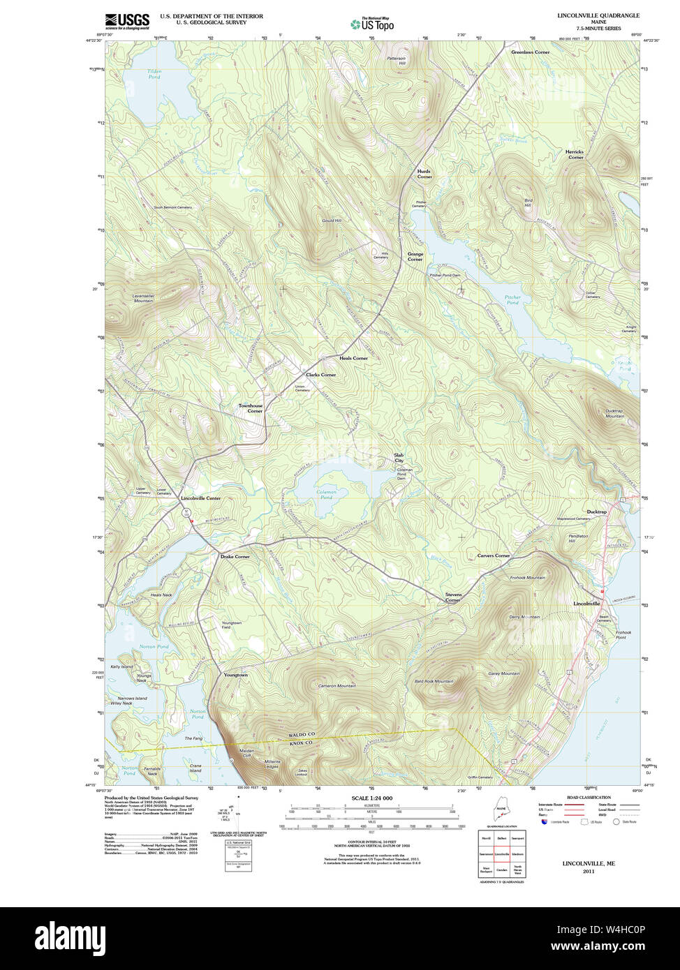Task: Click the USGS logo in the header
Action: tap(127, 21)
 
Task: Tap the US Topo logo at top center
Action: tap(372, 24)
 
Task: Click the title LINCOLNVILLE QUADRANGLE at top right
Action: tap(598, 15)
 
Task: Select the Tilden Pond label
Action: tap(154, 74)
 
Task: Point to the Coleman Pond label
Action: tap(326, 494)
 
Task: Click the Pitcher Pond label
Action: tap(512, 300)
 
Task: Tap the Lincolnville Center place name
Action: tap(200, 498)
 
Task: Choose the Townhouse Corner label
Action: tap(251, 408)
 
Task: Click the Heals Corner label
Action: tap(353, 358)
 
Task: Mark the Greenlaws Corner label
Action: tap(530, 52)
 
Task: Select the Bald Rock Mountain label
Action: tap(434, 681)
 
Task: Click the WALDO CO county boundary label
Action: tap(302, 736)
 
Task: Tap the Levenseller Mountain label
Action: tap(142, 298)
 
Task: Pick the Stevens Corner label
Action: tap(453, 597)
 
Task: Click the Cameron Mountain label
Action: tap(337, 686)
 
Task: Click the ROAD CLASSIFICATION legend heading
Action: tap(589, 797)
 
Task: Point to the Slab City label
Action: tap(399, 458)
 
